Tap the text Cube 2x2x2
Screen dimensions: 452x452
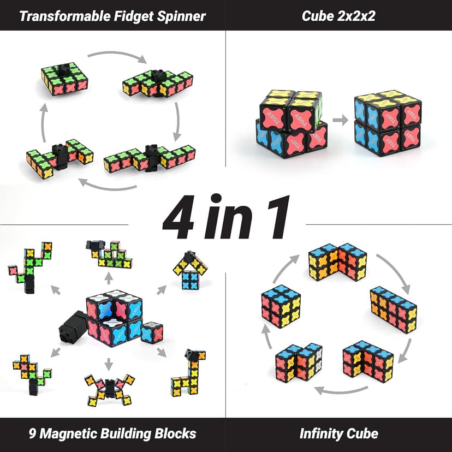click(x=338, y=15)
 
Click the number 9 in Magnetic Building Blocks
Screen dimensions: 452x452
click(x=31, y=434)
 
